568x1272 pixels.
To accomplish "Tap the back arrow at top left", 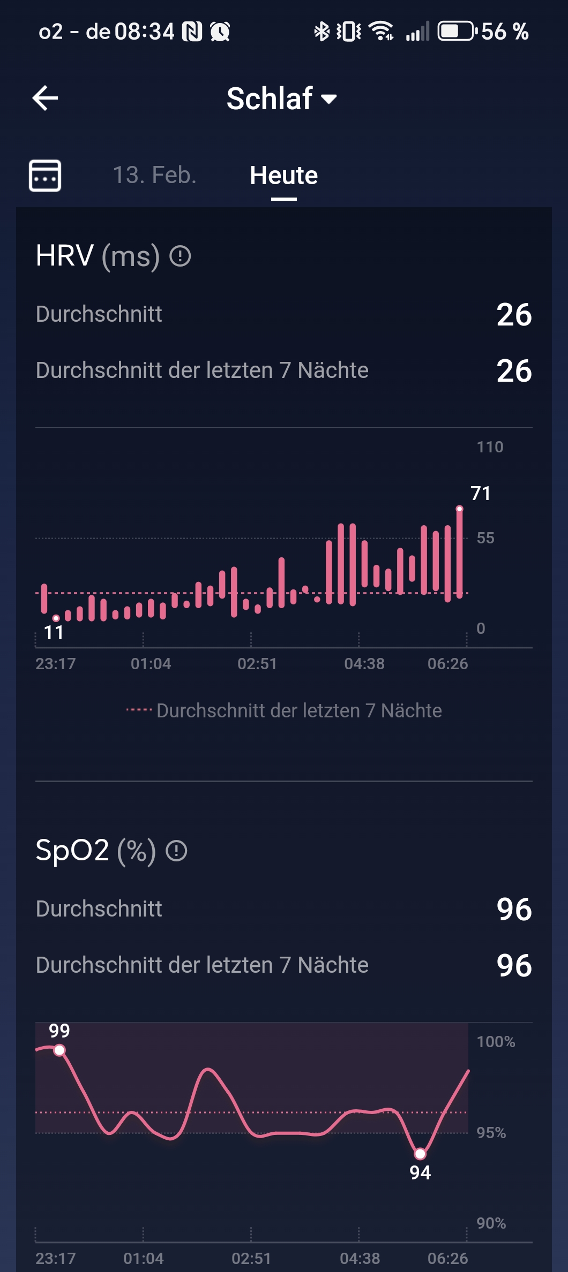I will pos(46,99).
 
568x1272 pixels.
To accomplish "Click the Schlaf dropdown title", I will pos(281,99).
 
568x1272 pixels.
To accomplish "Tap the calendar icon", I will pos(45,175).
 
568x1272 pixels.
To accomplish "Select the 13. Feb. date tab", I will pos(154,175).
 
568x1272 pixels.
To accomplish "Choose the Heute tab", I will pos(283,176).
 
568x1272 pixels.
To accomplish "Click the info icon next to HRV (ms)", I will pos(180,256).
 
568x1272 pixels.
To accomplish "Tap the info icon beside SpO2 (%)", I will pos(176,851).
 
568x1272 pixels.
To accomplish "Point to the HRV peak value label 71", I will pos(480,493).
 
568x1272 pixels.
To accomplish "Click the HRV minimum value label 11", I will pos(54,632).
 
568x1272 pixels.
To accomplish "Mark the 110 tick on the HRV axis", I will pos(490,447).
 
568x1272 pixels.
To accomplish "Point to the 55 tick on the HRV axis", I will pos(485,538).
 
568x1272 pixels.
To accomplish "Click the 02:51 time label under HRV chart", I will pos(257,664).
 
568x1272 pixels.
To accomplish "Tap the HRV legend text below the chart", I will pos(298,710).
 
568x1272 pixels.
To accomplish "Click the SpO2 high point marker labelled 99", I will pos(59,1050).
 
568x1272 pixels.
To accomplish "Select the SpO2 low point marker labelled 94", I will pos(420,1154).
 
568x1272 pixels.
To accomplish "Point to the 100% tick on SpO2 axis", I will pos(496,1042).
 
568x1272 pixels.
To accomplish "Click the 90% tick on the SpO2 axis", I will pos(491,1223).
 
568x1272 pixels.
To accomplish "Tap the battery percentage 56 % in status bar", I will pos(504,32).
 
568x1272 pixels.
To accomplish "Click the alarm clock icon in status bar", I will pos(220,32).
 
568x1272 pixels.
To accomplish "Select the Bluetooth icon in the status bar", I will pos(322,32).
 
